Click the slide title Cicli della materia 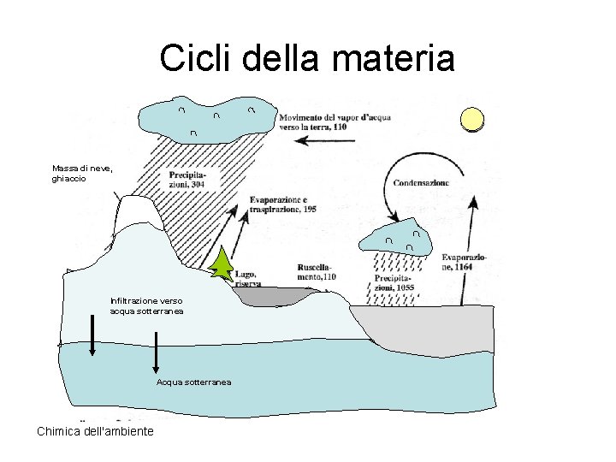point(306,59)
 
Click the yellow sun point(471,120)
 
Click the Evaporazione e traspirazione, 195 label point(284,204)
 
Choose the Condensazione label point(421,182)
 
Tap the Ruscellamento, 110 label point(317,271)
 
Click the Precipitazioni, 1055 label point(394,283)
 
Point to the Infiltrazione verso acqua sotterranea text point(146,305)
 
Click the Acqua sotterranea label point(193,382)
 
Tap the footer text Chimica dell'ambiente point(95,431)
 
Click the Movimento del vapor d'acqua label point(335,121)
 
